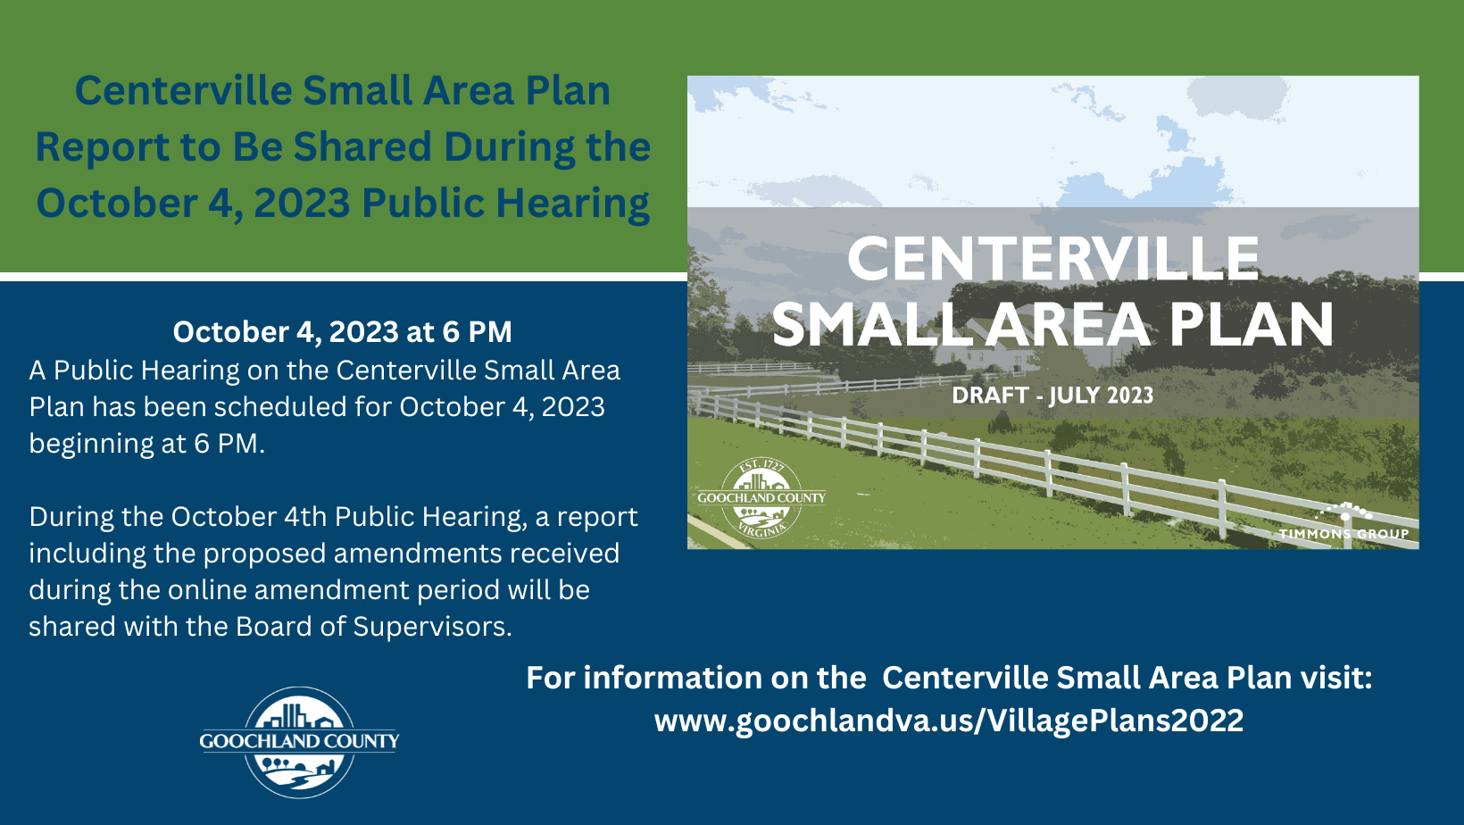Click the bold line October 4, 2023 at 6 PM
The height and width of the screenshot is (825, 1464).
(x=342, y=332)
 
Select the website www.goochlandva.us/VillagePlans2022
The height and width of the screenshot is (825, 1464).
(x=948, y=721)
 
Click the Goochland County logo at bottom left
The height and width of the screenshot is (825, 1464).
(x=299, y=742)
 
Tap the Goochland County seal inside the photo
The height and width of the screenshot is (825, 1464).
(x=761, y=498)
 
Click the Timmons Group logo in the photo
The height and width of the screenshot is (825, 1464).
(x=1343, y=524)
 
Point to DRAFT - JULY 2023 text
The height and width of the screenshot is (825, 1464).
(x=1052, y=396)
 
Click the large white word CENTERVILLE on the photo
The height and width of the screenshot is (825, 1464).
(x=1052, y=259)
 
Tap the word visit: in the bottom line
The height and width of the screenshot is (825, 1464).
(x=1335, y=678)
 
